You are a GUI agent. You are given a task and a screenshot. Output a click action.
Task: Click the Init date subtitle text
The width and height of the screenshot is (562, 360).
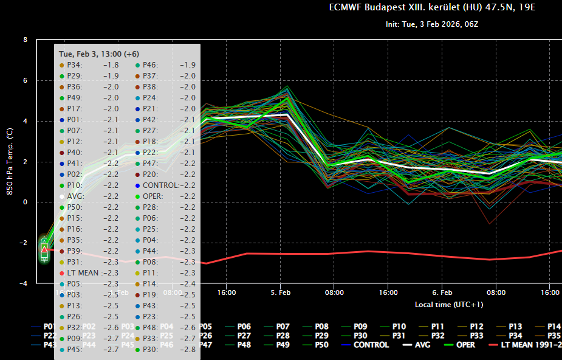pos(432,25)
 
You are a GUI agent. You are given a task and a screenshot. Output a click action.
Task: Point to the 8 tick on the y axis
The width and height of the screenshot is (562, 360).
pos(25,40)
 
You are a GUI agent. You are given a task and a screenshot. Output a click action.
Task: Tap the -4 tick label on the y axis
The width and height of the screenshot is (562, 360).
pos(24,283)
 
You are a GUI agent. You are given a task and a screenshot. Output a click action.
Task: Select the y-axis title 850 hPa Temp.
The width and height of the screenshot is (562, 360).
pos(10,162)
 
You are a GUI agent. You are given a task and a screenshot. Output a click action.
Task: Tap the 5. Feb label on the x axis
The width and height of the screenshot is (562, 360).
pos(281,292)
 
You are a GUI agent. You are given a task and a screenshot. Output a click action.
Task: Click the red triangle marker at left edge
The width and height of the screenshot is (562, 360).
pos(44,249)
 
